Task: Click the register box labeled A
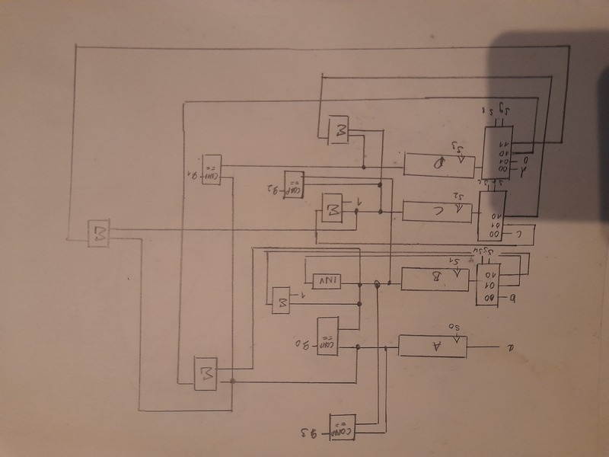coord(437,347)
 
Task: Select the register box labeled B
coord(435,280)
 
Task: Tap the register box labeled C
coord(437,209)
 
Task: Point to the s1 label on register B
coord(458,263)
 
